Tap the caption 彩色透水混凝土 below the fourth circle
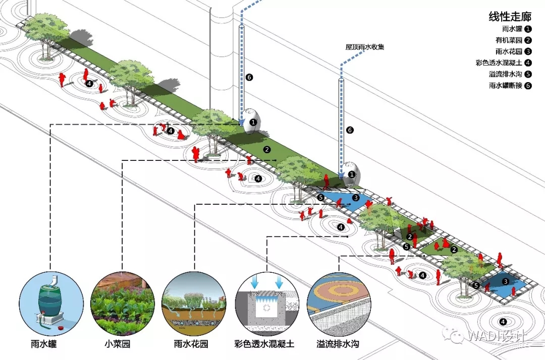tap(264, 345)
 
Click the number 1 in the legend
tap(528, 29)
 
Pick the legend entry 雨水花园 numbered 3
tap(509, 51)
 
